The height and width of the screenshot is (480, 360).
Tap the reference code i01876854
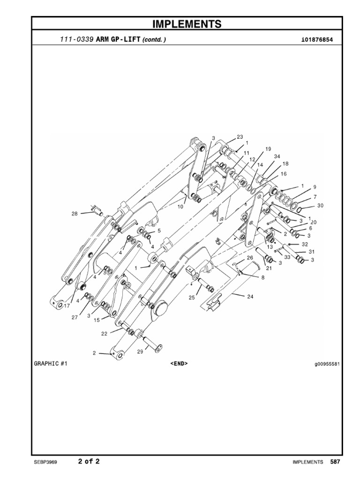pos(317,40)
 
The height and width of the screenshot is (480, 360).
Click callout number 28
pos(75,214)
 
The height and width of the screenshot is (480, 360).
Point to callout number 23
pos(240,137)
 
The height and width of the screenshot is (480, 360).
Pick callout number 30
pos(320,205)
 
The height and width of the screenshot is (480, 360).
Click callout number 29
pos(140,352)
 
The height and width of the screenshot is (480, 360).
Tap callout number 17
pos(67,305)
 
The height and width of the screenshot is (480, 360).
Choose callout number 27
pos(74,317)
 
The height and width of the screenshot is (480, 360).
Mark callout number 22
pos(104,334)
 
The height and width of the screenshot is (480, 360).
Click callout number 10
pos(180,206)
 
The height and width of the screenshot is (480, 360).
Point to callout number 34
pos(277,156)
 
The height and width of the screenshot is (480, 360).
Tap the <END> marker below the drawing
pos(179,363)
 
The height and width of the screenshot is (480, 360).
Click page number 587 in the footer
pos(335,462)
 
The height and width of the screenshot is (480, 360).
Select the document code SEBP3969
pos(45,462)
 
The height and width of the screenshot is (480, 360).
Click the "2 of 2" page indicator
pos(89,461)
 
